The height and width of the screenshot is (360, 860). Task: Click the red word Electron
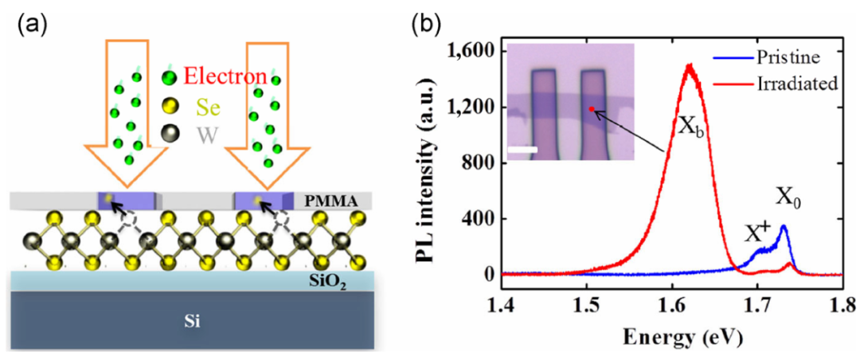click(x=225, y=76)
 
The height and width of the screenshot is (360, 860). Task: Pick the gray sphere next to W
click(x=167, y=134)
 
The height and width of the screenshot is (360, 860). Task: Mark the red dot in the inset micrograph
click(x=591, y=109)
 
